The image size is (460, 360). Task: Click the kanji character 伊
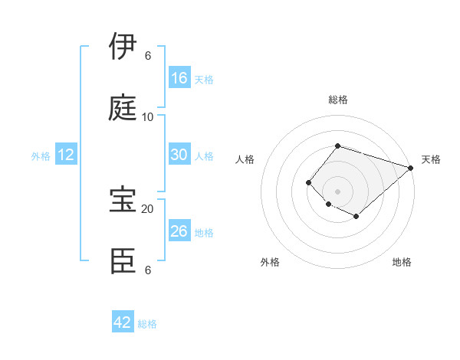pos(124,46)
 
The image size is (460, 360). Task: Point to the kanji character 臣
pos(124,260)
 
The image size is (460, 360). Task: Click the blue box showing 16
pos(179,77)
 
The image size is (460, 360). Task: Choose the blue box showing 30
pos(179,154)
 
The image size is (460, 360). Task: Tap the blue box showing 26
pos(179,231)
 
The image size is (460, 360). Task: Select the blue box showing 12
pos(66,155)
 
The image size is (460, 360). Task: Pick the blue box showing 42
pos(123,322)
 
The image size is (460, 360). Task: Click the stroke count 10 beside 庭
pos(148,117)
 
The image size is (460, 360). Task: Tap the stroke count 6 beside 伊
pos(148,56)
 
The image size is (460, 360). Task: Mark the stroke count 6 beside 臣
pos(148,270)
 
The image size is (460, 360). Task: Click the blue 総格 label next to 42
pos(147,324)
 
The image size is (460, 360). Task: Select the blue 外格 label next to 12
pos(41,156)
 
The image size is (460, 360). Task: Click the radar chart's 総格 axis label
pos(337,100)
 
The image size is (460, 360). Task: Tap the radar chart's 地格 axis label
pos(402,262)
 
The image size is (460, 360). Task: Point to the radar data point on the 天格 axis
pos(411,168)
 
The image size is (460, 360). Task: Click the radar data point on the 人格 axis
pos(308,182)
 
